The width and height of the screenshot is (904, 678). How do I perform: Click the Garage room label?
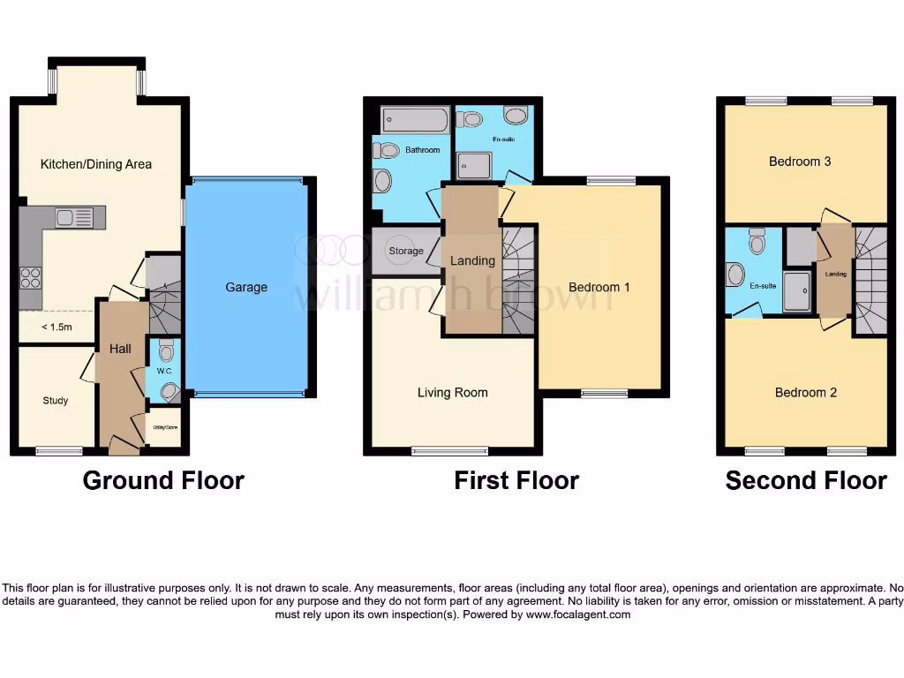click(246, 287)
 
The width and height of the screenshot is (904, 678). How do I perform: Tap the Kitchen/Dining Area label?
click(96, 164)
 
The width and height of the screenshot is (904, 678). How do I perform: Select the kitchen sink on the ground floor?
click(74, 217)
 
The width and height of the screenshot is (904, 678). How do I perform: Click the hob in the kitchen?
click(30, 277)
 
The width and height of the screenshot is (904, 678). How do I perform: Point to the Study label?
click(56, 401)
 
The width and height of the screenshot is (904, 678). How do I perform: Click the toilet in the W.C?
click(167, 352)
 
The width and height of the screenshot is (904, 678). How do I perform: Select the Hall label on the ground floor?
click(120, 349)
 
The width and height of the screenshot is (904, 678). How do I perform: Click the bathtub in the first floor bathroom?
click(415, 119)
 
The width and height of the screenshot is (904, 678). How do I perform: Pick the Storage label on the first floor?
click(406, 252)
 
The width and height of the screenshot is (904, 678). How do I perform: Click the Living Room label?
click(452, 393)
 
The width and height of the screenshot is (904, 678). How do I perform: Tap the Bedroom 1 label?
click(599, 287)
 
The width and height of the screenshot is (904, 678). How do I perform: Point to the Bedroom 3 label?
click(800, 162)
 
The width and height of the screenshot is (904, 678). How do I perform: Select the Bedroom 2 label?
click(806, 393)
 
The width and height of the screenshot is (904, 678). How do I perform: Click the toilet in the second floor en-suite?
click(757, 240)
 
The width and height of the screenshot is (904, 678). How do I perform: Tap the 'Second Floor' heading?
click(806, 480)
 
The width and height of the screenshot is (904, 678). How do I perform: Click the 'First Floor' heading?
click(516, 480)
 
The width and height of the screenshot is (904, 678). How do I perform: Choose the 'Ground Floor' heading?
click(163, 480)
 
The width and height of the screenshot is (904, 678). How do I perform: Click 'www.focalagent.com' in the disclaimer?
click(578, 614)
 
